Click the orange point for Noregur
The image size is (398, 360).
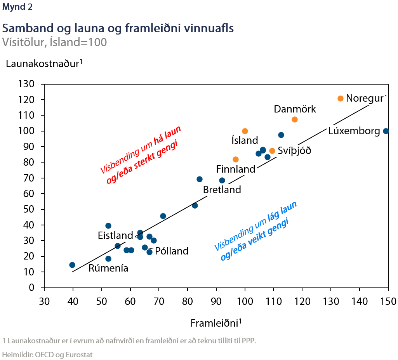pos(341,99)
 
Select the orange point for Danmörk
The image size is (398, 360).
pos(295,119)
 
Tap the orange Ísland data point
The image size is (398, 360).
pos(245,131)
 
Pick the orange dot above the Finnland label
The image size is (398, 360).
pos(236,159)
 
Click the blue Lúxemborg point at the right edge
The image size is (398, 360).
pos(386,131)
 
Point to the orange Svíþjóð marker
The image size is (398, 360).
pos(272,151)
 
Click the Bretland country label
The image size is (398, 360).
pos(222,190)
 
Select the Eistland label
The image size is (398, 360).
pos(115,235)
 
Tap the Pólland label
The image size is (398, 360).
pos(172,251)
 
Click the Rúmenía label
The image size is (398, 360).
pos(108,268)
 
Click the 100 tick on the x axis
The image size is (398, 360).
pos(245,301)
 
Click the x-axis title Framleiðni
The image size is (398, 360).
pos(216,323)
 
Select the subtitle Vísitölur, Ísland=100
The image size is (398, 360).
pos(54,42)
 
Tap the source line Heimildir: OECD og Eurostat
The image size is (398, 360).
pos(48,354)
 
